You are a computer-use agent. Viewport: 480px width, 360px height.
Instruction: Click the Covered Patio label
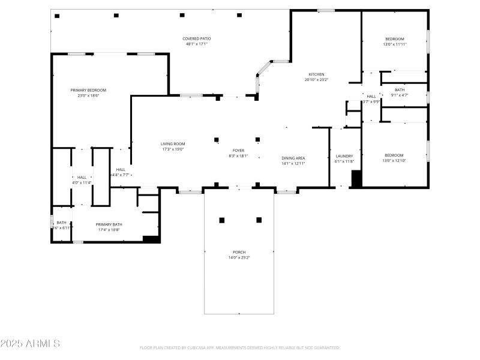[x=197, y=38]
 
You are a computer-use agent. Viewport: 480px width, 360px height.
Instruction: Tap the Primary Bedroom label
[x=88, y=90]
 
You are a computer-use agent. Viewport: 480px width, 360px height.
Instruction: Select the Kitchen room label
[x=316, y=74]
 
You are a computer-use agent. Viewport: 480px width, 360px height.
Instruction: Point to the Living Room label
[x=173, y=143]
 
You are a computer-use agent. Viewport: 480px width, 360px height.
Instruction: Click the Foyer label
[x=238, y=151]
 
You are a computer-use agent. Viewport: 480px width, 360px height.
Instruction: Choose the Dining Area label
[x=293, y=158]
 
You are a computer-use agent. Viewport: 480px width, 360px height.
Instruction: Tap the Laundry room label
[x=344, y=156]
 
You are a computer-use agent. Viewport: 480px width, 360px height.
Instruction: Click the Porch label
[x=239, y=252]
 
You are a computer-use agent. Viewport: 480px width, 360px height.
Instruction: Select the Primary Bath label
[x=109, y=224]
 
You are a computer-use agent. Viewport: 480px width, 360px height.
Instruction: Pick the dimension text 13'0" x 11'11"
[x=395, y=44]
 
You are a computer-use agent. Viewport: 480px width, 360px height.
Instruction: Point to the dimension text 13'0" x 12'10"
[x=394, y=161]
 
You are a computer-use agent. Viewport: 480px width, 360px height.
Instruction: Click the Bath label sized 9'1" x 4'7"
[x=400, y=89]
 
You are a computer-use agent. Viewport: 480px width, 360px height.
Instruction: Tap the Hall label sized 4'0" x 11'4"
[x=82, y=177]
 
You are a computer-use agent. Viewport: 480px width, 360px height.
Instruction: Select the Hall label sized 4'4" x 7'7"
[x=121, y=169]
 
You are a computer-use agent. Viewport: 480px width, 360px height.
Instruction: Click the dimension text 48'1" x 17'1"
[x=197, y=44]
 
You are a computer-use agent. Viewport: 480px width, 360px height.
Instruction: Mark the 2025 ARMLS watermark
[x=30, y=344]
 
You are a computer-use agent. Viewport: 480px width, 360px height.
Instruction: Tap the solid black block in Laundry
[x=356, y=179]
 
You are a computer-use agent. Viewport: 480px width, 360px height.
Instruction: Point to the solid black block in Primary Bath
[x=151, y=239]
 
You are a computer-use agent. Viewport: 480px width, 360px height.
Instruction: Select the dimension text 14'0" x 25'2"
[x=239, y=257]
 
